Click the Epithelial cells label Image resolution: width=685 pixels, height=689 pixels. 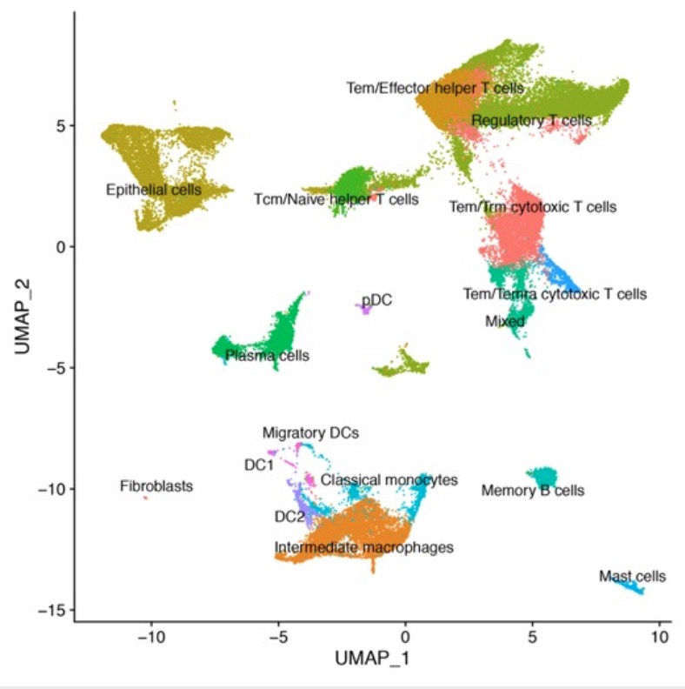(x=153, y=190)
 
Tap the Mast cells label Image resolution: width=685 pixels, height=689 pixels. (x=632, y=576)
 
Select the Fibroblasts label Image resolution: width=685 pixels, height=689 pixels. (x=156, y=486)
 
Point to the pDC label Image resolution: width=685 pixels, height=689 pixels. (x=377, y=300)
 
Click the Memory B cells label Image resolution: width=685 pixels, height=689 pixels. (x=532, y=492)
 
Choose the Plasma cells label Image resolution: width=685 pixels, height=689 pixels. (x=267, y=356)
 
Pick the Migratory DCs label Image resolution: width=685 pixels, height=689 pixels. (x=310, y=432)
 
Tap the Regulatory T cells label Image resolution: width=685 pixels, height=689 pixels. (x=531, y=120)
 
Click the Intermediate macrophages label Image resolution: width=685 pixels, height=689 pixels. (x=364, y=547)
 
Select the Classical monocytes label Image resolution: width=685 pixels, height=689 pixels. (x=389, y=480)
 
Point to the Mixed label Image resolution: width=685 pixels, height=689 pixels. (x=505, y=322)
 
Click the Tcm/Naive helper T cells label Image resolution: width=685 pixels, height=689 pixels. (x=336, y=200)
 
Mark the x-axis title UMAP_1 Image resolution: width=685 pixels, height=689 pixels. (x=372, y=659)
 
